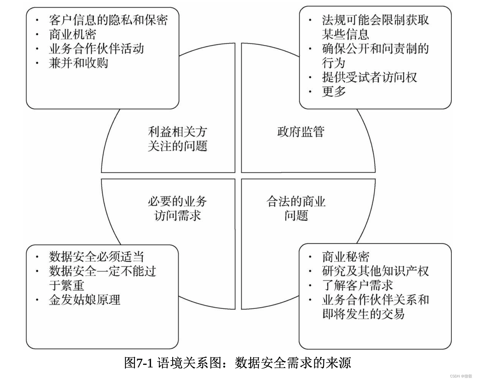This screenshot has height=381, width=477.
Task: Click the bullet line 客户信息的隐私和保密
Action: (x=108, y=20)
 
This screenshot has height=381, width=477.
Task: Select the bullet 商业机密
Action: (x=72, y=34)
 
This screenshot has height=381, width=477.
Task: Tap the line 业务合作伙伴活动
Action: (x=96, y=49)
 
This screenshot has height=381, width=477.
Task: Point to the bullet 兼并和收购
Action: (x=78, y=63)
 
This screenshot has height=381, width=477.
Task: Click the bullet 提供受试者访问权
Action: (x=369, y=77)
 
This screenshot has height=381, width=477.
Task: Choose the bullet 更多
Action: (x=334, y=92)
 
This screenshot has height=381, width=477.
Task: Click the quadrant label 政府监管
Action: (x=301, y=132)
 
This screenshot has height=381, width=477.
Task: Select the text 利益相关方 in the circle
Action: (x=177, y=132)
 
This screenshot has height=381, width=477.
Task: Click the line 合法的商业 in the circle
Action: (x=296, y=201)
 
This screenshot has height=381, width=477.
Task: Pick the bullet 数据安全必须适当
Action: (x=96, y=257)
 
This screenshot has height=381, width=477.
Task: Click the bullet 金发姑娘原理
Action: (x=84, y=300)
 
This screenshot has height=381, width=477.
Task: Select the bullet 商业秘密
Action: (x=346, y=257)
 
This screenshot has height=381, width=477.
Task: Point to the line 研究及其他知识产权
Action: (x=375, y=271)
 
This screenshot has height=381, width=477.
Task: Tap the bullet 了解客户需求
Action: (x=357, y=285)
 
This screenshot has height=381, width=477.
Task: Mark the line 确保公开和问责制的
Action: (x=375, y=49)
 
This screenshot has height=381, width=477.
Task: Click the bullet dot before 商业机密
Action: (x=38, y=34)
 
